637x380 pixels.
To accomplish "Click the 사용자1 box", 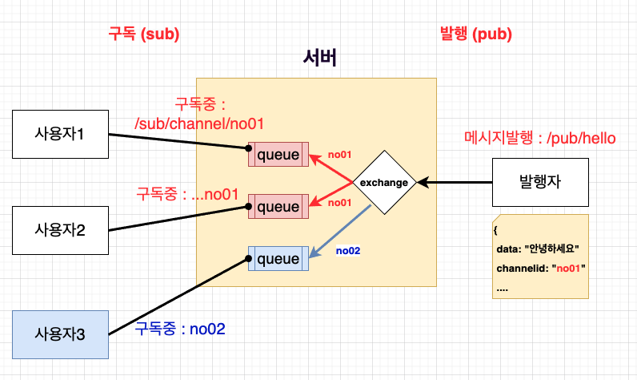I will pyautogui.click(x=60, y=134).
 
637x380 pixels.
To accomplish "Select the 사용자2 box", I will pyautogui.click(x=60, y=230).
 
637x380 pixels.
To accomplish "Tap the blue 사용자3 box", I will pyautogui.click(x=60, y=334).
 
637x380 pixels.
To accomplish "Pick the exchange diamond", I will pyautogui.click(x=383, y=182).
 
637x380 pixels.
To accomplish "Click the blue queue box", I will pyautogui.click(x=277, y=260).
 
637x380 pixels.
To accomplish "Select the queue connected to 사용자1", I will pyautogui.click(x=277, y=153).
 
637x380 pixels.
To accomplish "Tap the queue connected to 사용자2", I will pyautogui.click(x=277, y=206).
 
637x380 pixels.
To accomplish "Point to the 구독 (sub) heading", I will pyautogui.click(x=144, y=34).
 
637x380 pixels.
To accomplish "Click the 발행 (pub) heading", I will pyautogui.click(x=476, y=34).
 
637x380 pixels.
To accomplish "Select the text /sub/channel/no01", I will pyautogui.click(x=200, y=123).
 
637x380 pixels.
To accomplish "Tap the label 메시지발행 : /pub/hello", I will pyautogui.click(x=540, y=138).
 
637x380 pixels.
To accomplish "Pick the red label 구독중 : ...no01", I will pyautogui.click(x=188, y=194).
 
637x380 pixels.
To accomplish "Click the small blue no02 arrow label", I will pyautogui.click(x=348, y=251).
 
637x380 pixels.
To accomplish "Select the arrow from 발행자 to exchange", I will pyautogui.click(x=455, y=183).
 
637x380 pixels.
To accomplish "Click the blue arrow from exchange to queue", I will pyautogui.click(x=341, y=232).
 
